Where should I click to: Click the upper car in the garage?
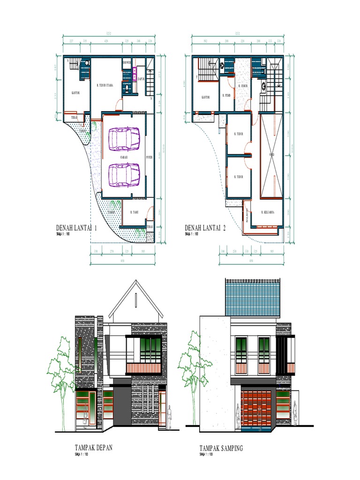tap(124, 139)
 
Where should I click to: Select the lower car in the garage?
tap(124, 174)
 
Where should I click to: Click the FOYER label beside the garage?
tap(150, 157)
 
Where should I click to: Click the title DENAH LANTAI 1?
tap(76, 228)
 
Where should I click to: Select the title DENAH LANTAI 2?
tap(205, 228)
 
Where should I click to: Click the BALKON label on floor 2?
tap(245, 217)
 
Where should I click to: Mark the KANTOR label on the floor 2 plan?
tap(205, 97)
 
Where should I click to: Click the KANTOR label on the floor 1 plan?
tap(75, 93)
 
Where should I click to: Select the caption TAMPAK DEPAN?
tap(93, 448)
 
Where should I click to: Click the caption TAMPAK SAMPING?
tap(221, 449)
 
